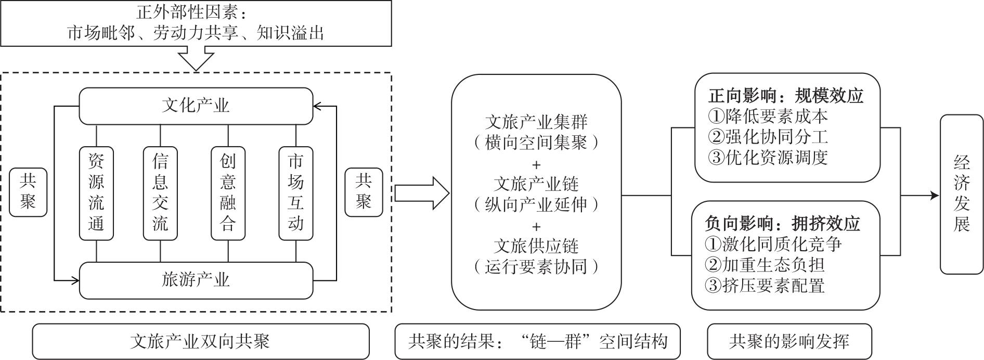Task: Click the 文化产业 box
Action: tap(196, 106)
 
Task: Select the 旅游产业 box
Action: tap(196, 280)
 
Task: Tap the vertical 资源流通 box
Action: tap(96, 193)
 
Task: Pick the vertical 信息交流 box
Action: tap(160, 193)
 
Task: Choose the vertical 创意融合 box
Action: tap(228, 193)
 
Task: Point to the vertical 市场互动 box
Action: tap(295, 193)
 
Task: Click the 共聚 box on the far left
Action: tap(28, 192)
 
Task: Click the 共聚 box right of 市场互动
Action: tap(364, 192)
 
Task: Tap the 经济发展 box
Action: tap(962, 194)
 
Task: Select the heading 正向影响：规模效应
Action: tap(786, 96)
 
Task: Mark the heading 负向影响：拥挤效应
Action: tap(782, 223)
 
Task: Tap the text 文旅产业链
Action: tap(536, 184)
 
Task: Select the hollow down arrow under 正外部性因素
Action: tap(196, 58)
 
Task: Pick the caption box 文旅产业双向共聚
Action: tap(201, 341)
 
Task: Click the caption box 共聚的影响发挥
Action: tap(789, 341)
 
